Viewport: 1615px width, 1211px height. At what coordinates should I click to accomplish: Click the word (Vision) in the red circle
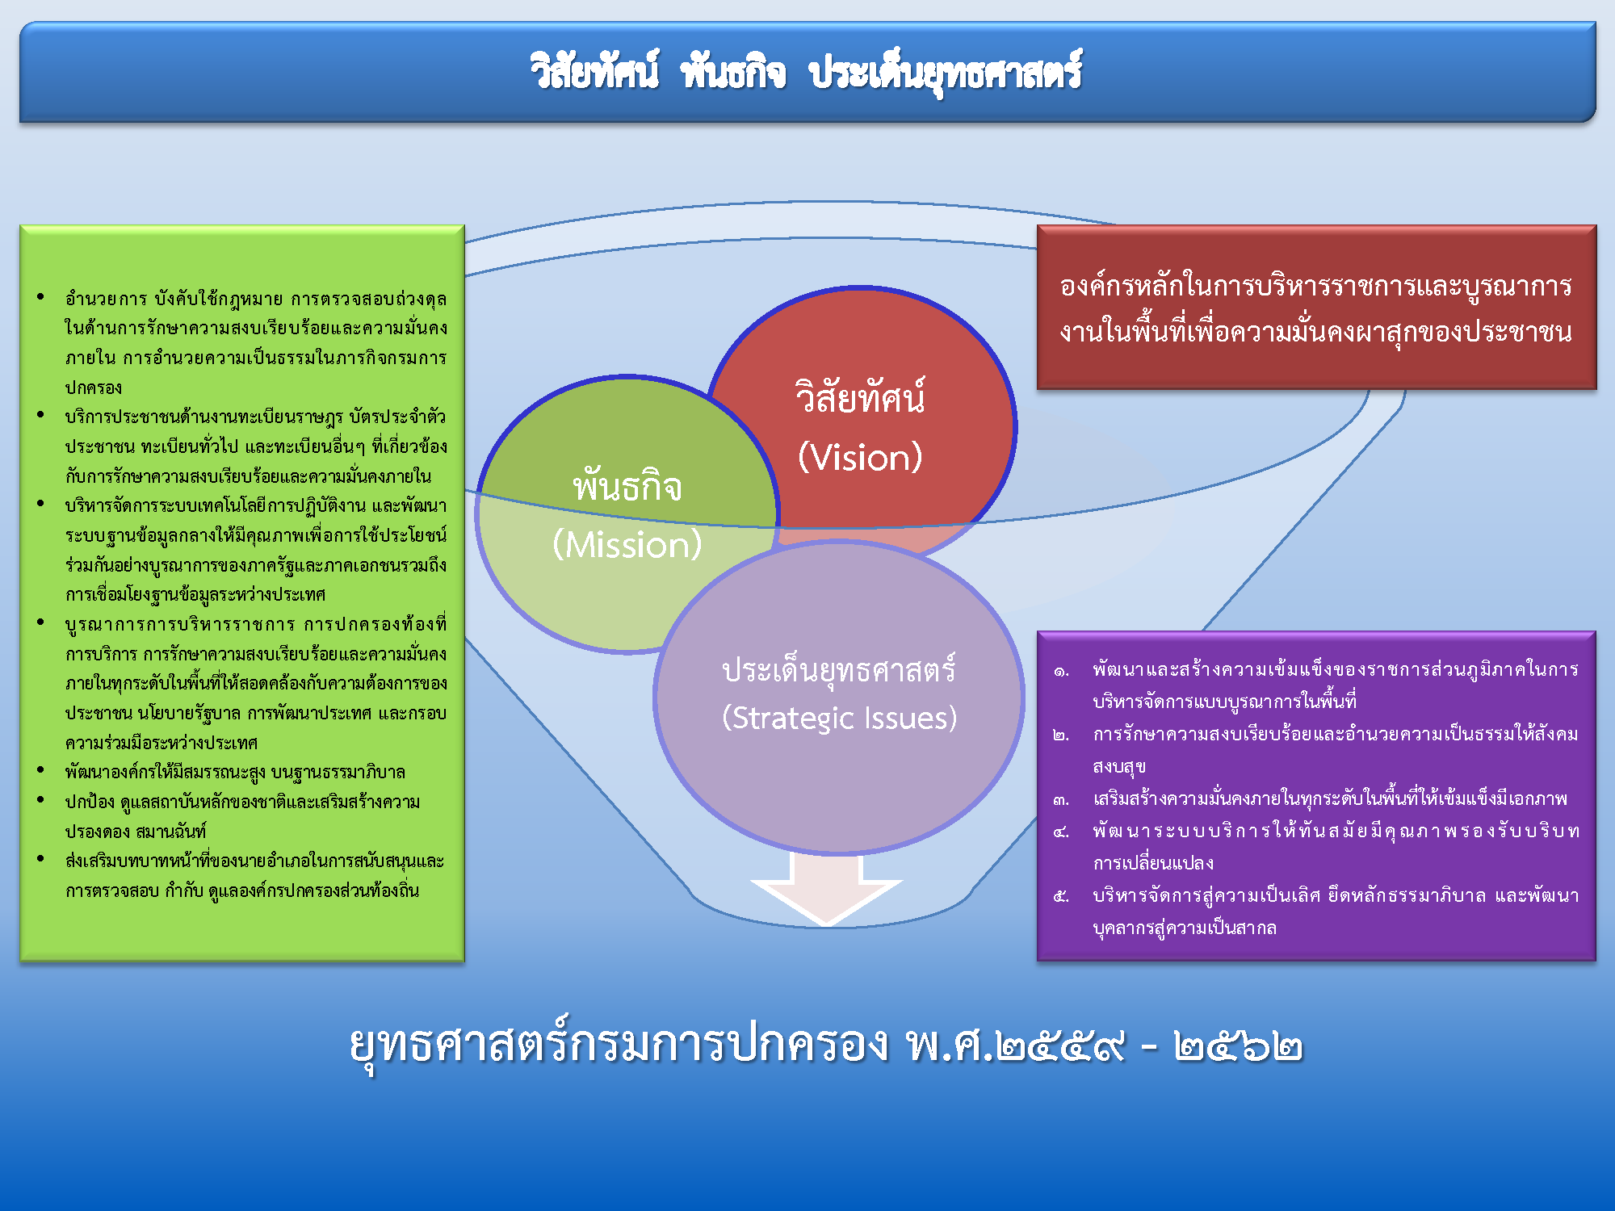click(860, 458)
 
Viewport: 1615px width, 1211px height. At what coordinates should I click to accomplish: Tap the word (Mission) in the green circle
click(627, 545)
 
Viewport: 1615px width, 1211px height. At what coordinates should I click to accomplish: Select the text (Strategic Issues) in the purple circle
click(839, 718)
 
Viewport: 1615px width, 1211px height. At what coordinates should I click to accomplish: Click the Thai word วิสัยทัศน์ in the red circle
click(860, 396)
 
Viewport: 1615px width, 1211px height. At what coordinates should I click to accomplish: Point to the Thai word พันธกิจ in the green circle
click(627, 485)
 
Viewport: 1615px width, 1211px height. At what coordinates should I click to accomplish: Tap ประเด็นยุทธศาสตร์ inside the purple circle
click(839, 669)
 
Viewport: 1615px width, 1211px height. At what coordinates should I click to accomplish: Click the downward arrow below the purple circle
click(826, 888)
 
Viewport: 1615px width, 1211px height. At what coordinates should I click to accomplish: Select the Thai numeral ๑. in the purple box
click(1061, 671)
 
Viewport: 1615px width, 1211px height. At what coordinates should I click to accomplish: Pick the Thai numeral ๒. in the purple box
click(1061, 735)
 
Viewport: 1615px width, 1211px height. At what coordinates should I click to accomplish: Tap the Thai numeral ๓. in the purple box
click(1061, 800)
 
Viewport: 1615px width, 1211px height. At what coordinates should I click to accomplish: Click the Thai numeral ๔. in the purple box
click(1061, 832)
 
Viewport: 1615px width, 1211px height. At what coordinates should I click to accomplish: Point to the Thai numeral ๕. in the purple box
click(1061, 896)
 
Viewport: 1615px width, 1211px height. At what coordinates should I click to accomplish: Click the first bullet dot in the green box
click(40, 296)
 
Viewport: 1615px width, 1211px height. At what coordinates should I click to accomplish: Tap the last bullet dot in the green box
click(40, 858)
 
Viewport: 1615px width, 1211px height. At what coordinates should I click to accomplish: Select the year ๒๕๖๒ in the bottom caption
click(1239, 1046)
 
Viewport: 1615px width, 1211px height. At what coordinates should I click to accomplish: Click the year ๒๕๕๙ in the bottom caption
click(1060, 1046)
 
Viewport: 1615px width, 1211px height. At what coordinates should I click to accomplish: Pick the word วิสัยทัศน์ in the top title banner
click(594, 71)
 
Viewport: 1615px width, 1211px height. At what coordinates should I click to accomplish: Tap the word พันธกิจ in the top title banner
click(733, 71)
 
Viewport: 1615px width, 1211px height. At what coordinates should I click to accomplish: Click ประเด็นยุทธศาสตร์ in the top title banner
click(946, 73)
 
